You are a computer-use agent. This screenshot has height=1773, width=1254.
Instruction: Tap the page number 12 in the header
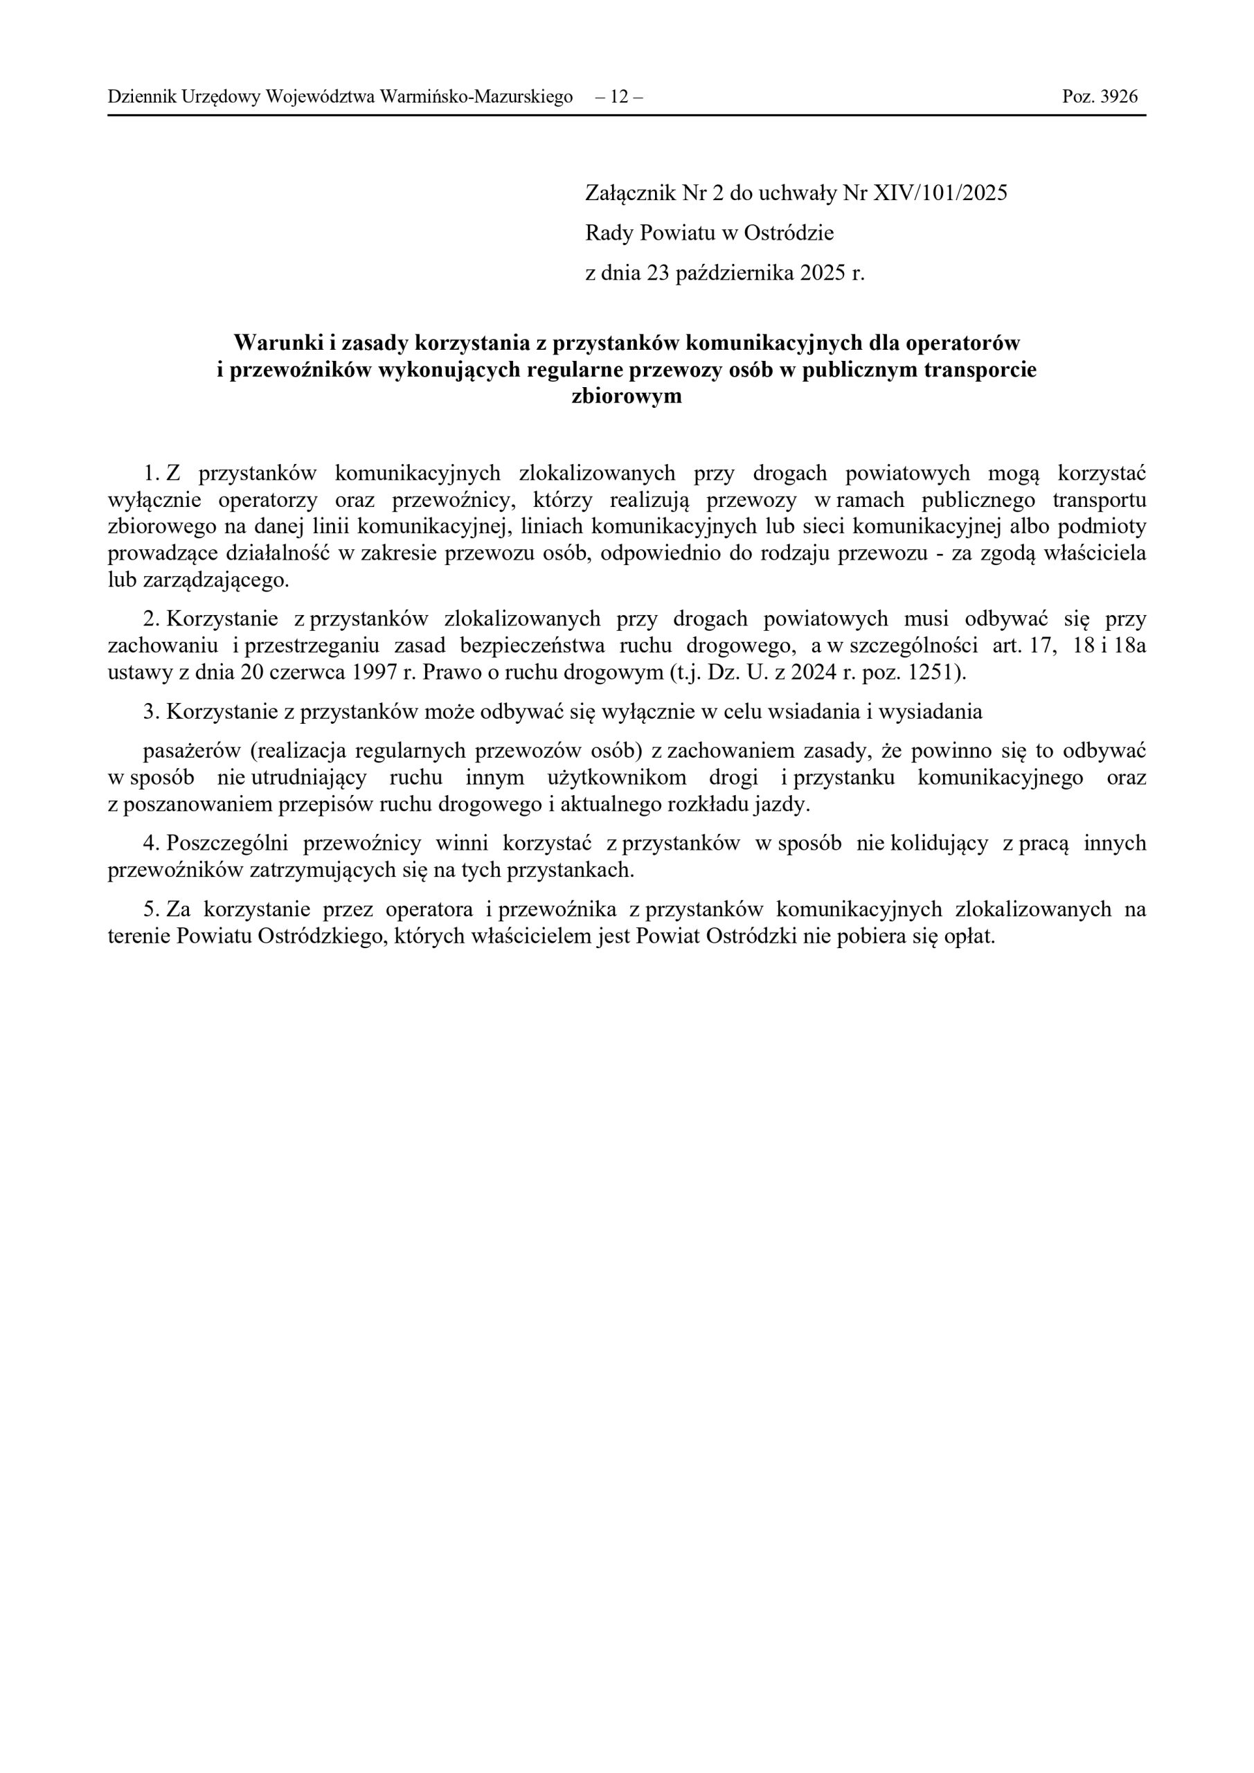618,96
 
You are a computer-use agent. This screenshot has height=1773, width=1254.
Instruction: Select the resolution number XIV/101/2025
940,193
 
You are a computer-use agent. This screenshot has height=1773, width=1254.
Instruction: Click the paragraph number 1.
149,473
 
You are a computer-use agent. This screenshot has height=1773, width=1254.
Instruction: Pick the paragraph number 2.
149,619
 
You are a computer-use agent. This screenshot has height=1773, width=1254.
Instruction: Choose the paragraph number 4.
149,844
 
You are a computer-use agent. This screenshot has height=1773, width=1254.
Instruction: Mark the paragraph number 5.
149,909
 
